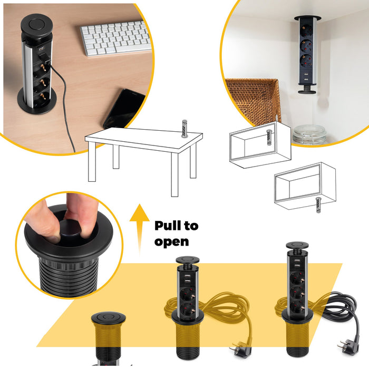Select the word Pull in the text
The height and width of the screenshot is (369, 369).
(169, 226)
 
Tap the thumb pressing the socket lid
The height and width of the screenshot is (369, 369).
(47, 221)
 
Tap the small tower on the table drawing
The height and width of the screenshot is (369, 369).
(184, 128)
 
